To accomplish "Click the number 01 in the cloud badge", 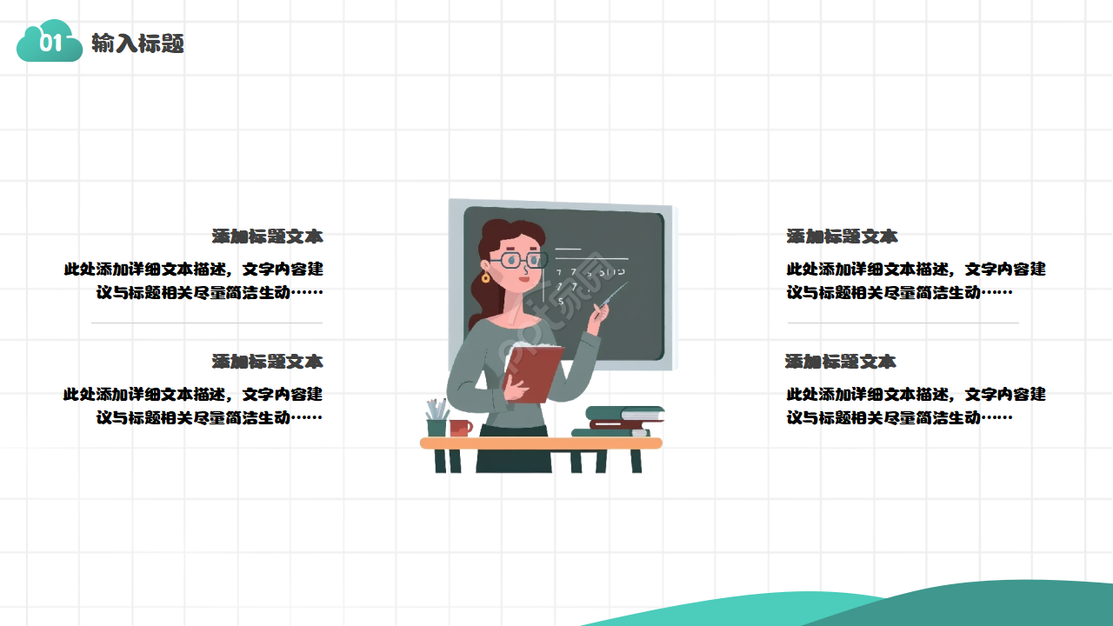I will tap(50, 43).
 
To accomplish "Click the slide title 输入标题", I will tap(137, 43).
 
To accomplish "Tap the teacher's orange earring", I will tap(485, 278).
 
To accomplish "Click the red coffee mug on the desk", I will tap(461, 428).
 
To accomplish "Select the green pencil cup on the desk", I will tap(437, 427).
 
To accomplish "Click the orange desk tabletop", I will tap(541, 443).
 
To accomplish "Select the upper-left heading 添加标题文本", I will tap(267, 236).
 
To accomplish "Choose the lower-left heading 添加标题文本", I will tap(267, 362).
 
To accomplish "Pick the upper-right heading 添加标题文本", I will tap(842, 236).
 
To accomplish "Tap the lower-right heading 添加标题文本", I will tap(841, 362).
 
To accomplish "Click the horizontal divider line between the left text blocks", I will tap(207, 323).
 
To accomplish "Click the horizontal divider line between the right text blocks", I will tap(903, 323).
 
